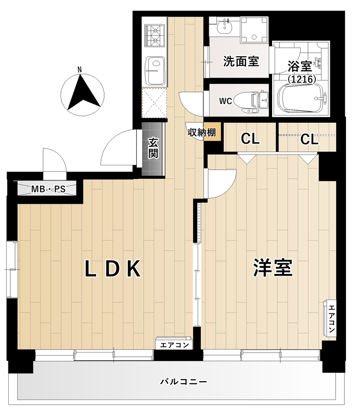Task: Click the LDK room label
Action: pos(112,269)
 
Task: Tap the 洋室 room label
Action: pos(273,267)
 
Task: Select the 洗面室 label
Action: pos(241,61)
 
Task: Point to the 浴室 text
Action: pos(300,67)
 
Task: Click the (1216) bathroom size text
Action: pos(302,79)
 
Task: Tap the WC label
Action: pos(225,101)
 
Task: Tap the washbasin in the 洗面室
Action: pos(225,26)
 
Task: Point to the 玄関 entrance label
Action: pos(153,148)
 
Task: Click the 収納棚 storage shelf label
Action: pos(202,132)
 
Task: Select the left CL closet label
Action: pos(250,138)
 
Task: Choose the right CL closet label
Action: pos(310,139)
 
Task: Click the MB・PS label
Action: pos(48,189)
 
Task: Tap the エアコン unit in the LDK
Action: pos(174,344)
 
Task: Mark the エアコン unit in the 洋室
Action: pos(330,319)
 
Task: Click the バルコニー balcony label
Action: pos(184,382)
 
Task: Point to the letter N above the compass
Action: pos(80,70)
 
